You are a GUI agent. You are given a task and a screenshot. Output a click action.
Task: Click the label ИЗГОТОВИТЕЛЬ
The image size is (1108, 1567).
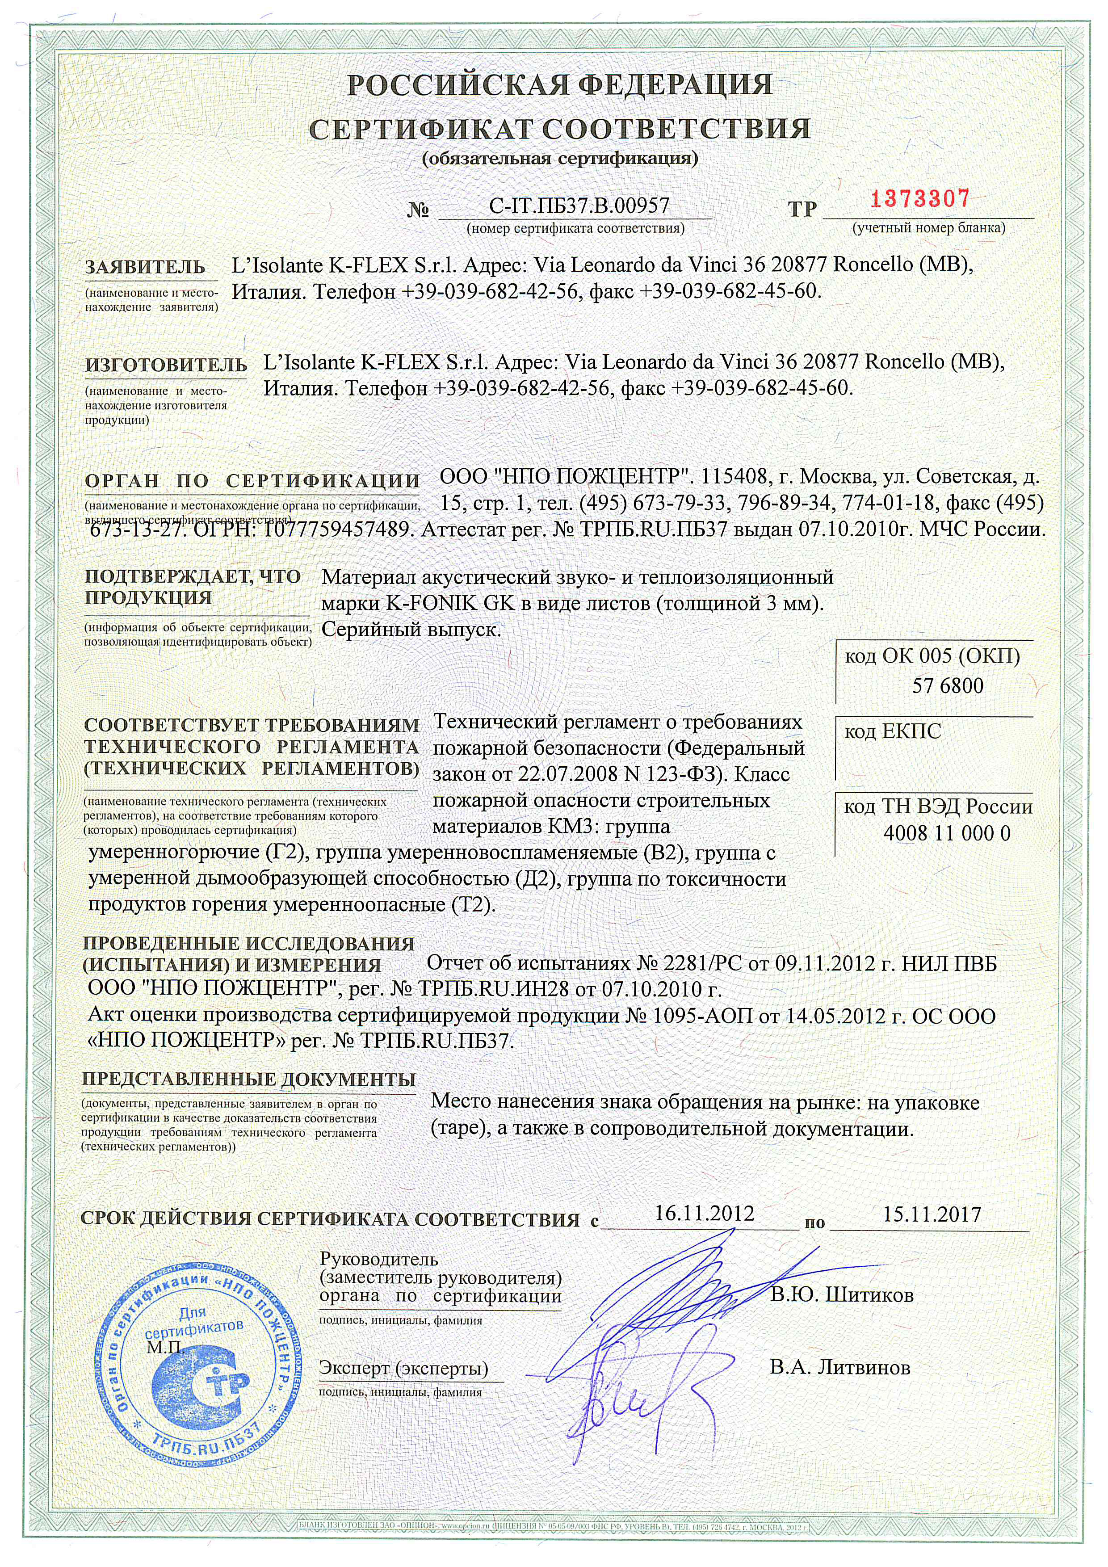(x=165, y=365)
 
